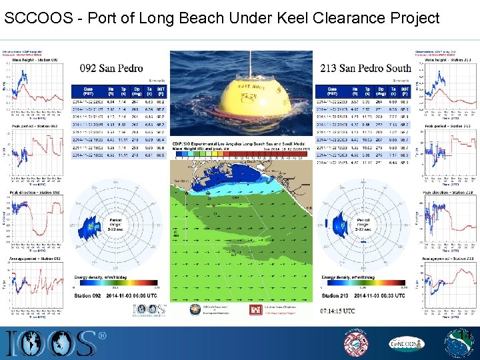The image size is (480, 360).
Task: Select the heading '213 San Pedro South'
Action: point(365,67)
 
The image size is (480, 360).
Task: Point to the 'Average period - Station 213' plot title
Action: point(449,258)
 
